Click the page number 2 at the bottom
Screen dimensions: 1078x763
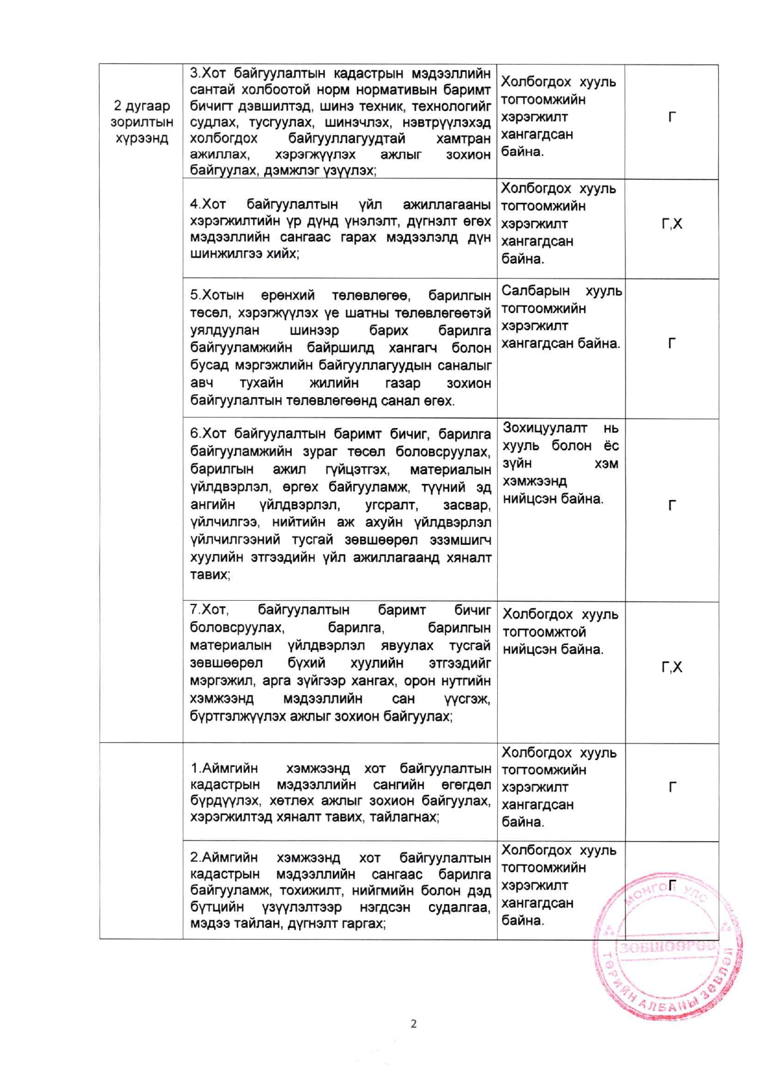click(413, 1024)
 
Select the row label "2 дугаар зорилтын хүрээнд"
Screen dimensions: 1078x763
click(142, 122)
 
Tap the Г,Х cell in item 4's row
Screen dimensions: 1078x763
click(671, 224)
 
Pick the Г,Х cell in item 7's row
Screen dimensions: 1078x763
click(671, 667)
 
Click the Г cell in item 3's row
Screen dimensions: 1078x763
click(672, 117)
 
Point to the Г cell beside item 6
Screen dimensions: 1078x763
click(672, 505)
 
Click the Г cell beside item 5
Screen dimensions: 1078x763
click(672, 343)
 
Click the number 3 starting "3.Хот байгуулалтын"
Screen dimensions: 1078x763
click(194, 73)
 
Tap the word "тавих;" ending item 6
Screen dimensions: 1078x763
click(210, 575)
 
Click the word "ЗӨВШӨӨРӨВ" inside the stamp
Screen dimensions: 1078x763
click(668, 946)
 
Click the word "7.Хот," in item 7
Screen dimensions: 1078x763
click(209, 610)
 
